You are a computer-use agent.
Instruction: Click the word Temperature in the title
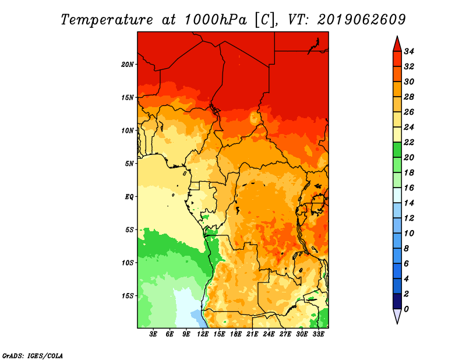point(107,20)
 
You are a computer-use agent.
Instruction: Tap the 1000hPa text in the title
point(215,20)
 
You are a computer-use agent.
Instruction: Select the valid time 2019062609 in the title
point(361,20)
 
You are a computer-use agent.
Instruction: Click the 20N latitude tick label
point(128,65)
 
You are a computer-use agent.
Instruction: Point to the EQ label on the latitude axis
point(129,197)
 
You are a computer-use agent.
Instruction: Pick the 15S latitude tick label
point(128,296)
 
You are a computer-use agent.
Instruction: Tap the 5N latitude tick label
point(129,164)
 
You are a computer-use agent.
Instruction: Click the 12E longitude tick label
point(203,334)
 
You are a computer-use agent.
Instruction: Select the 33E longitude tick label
point(318,334)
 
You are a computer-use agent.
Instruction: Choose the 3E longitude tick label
point(153,334)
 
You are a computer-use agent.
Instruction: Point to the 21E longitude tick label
point(252,334)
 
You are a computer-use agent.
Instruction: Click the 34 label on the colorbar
point(409,51)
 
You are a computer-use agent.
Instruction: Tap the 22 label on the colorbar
point(409,142)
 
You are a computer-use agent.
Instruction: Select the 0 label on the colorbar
point(406,309)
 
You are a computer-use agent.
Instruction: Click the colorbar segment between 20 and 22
point(397,150)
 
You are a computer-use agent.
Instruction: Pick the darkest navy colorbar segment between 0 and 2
point(397,301)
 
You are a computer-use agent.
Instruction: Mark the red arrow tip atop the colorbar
point(397,36)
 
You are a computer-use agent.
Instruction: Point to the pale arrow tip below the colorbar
point(397,324)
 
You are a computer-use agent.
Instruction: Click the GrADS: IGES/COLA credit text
point(33,356)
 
